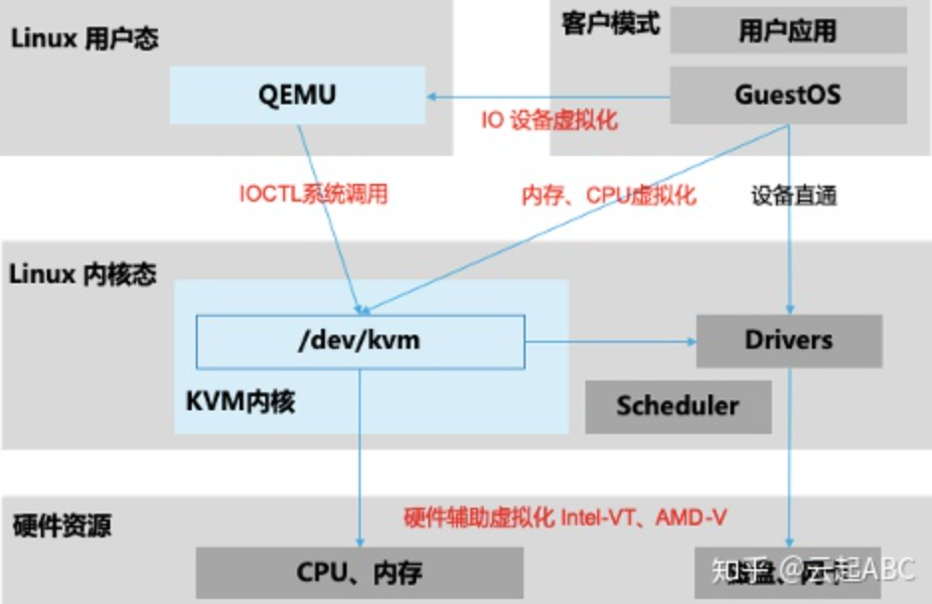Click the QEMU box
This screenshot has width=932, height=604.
pyautogui.click(x=297, y=95)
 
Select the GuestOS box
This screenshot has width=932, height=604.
pyautogui.click(x=788, y=95)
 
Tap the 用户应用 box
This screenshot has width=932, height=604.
pyautogui.click(x=788, y=32)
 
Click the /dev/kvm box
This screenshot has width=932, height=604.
pyautogui.click(x=360, y=341)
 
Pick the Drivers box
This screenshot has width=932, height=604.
pyautogui.click(x=789, y=341)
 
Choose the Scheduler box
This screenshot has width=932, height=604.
pyautogui.click(x=678, y=405)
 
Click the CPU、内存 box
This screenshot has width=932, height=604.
pyautogui.click(x=360, y=572)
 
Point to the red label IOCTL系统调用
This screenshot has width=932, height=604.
pyautogui.click(x=313, y=194)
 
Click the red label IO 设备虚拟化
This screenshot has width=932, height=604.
pyautogui.click(x=549, y=120)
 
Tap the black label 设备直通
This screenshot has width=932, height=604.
pyautogui.click(x=794, y=195)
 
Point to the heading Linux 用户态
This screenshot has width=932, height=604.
pyautogui.click(x=84, y=39)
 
